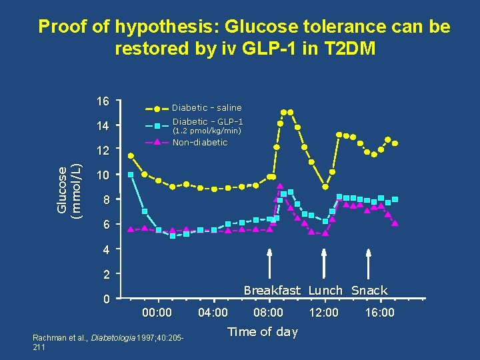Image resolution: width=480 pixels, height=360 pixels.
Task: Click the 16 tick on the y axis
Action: pos(102,101)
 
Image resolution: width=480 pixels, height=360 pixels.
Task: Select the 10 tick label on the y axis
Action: pos(102,175)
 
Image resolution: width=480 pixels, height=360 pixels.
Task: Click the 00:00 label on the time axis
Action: pos(157,313)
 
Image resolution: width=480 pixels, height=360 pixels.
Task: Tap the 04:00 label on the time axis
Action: pos(213,313)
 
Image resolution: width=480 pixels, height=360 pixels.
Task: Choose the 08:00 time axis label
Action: pos(269,313)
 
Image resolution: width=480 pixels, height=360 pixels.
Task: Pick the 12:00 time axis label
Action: pos(324,313)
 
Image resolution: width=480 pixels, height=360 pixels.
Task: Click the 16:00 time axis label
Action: pos(380,313)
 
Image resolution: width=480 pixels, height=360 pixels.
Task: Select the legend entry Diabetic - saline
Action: pos(207,107)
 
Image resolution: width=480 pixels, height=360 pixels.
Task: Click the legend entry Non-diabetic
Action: pos(199,142)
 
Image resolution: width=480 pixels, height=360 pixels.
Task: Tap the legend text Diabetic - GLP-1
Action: pos(207,121)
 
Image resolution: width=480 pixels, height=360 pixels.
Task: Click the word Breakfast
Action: pos(272,291)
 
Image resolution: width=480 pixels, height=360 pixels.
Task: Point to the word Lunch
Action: pos(325,291)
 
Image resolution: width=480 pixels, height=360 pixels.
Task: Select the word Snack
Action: pos(369,291)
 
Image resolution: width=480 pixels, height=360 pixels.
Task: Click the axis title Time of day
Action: pos(263,332)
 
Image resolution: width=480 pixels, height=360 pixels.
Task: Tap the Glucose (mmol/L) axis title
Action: pos(67,190)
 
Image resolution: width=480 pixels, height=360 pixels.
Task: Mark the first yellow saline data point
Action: pos(131,155)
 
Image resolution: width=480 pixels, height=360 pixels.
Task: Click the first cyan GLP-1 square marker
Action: pos(131,175)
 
